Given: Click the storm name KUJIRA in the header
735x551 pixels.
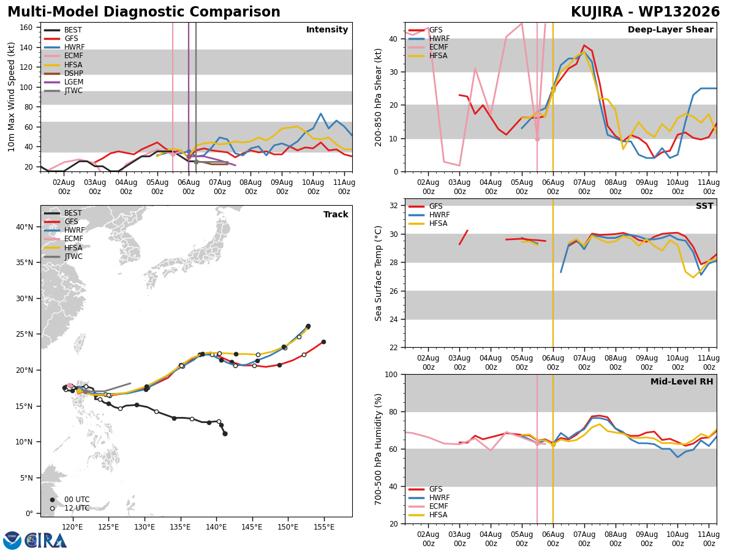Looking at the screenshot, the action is click(x=597, y=12).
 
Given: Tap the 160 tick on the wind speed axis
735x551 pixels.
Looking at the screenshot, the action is click(x=26, y=28).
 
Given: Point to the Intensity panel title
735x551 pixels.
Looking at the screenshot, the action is click(x=327, y=30).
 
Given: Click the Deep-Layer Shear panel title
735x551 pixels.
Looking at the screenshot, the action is click(x=670, y=30).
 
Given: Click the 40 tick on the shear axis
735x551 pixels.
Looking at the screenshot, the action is click(x=393, y=39).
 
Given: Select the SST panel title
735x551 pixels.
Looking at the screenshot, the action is click(x=704, y=206).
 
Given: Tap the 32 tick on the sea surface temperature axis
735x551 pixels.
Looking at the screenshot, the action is click(x=393, y=206).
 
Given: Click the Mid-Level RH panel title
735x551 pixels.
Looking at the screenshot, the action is click(x=682, y=381).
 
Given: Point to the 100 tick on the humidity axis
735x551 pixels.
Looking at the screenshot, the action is click(x=391, y=375).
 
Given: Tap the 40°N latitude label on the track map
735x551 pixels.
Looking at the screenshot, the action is click(x=24, y=227).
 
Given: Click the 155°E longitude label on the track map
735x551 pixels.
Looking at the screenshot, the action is click(x=324, y=527).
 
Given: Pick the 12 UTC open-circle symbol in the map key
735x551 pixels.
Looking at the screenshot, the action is click(x=52, y=509).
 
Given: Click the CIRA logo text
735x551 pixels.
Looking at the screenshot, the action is click(x=46, y=541).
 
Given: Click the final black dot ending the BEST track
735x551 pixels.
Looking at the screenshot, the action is click(x=225, y=434).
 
